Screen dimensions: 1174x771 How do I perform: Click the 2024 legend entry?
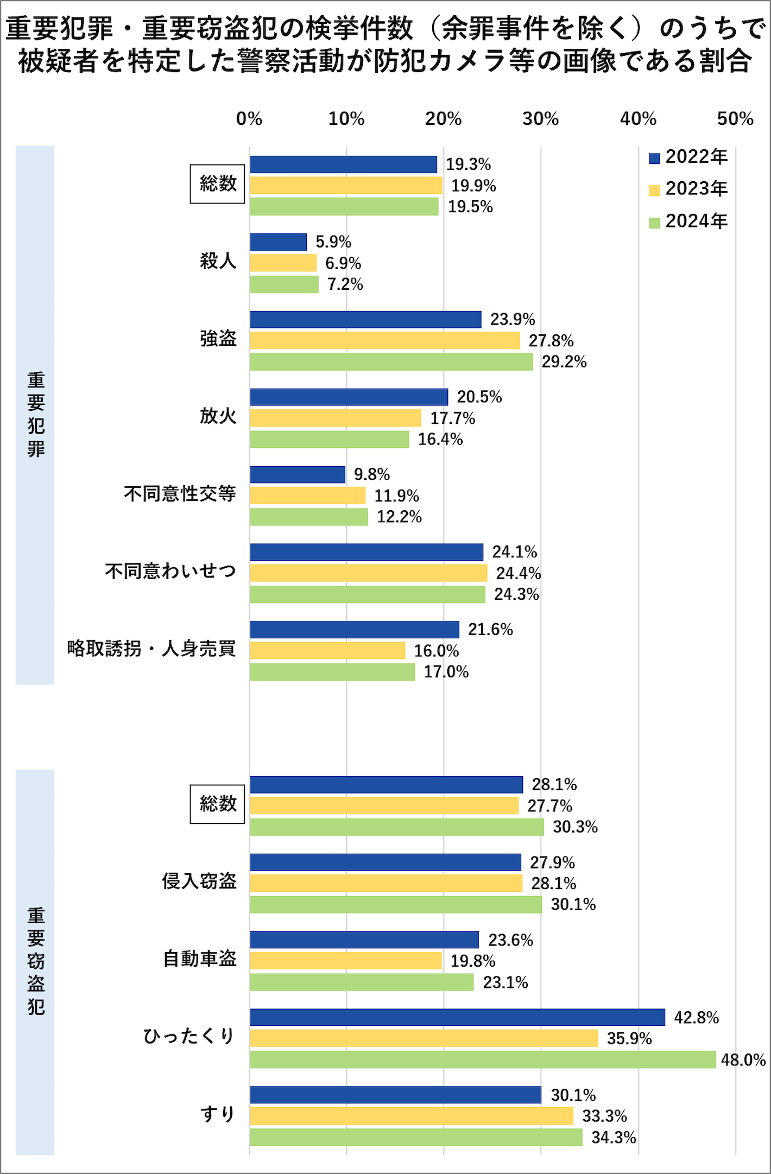pyautogui.click(x=688, y=221)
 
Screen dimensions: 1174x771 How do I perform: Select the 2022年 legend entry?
pyautogui.click(x=688, y=157)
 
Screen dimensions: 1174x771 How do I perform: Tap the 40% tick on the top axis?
pyautogui.click(x=638, y=119)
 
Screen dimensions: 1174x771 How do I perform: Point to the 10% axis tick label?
pyautogui.click(x=346, y=119)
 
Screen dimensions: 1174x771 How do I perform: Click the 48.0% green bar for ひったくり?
pyautogui.click(x=483, y=1059)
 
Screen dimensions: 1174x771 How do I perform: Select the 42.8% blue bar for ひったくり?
pyautogui.click(x=457, y=1017)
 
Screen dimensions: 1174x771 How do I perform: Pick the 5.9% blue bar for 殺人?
pyautogui.click(x=279, y=242)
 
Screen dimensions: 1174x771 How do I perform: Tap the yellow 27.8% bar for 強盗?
pyautogui.click(x=385, y=340)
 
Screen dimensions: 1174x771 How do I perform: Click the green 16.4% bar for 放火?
pyautogui.click(x=330, y=439)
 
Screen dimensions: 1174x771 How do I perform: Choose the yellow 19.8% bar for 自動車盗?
pyautogui.click(x=346, y=961)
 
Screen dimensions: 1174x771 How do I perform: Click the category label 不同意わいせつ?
pyautogui.click(x=170, y=572)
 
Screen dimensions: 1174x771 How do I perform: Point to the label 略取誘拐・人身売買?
pyautogui.click(x=151, y=649)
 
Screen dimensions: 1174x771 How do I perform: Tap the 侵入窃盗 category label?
pyautogui.click(x=199, y=881)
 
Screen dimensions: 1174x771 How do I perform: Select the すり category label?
pyautogui.click(x=218, y=1114)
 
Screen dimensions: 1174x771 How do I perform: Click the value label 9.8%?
pyautogui.click(x=372, y=474)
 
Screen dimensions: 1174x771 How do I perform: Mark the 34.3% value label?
pyautogui.click(x=614, y=1137)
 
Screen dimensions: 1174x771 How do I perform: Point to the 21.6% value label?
pyautogui.click(x=490, y=630)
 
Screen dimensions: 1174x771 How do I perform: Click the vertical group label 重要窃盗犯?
pyautogui.click(x=35, y=961)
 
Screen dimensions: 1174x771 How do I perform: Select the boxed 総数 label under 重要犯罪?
pyautogui.click(x=217, y=184)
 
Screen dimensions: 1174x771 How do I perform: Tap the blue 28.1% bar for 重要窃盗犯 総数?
pyautogui.click(x=386, y=784)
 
